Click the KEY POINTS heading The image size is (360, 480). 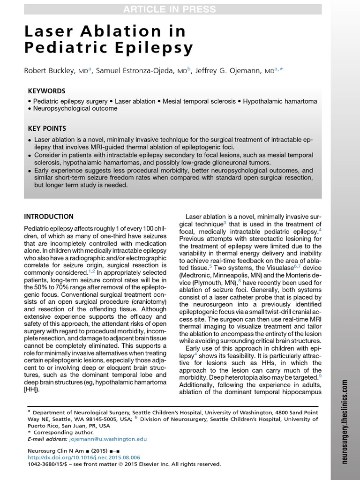[47, 128]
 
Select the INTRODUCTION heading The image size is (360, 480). [49, 217]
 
